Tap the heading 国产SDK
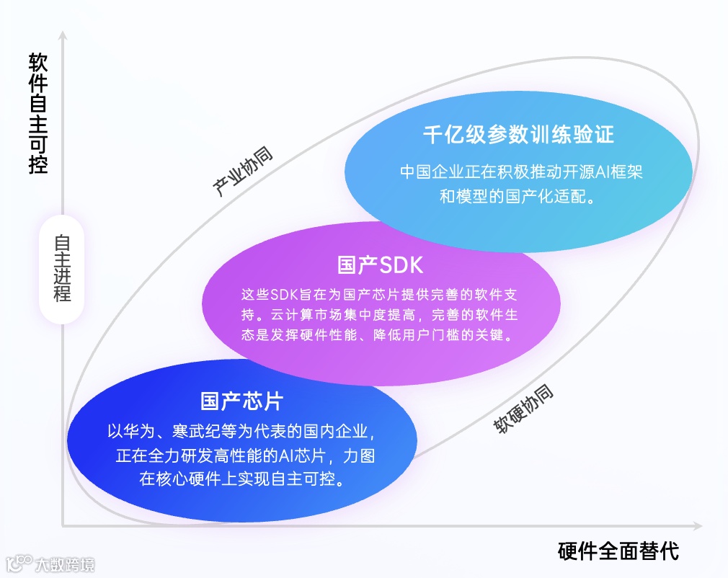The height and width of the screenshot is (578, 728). [x=380, y=264]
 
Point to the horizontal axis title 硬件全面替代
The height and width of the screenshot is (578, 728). [x=618, y=551]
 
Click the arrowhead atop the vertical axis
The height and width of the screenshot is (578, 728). [x=63, y=35]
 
